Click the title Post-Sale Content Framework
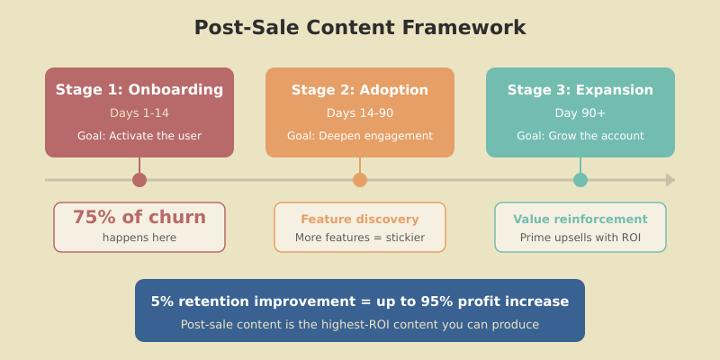click(360, 28)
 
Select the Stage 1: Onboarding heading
click(139, 90)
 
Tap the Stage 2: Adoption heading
click(360, 90)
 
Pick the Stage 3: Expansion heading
click(580, 90)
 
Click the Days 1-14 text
click(139, 113)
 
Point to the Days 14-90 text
click(360, 113)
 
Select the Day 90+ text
click(580, 113)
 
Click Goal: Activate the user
click(139, 136)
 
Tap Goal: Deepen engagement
click(360, 136)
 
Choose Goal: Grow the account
click(580, 136)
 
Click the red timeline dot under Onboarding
click(139, 180)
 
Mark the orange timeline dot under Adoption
click(360, 180)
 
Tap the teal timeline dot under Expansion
click(580, 180)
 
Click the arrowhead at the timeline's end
click(670, 180)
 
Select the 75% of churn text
click(139, 218)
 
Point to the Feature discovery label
click(360, 220)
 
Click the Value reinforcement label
click(580, 220)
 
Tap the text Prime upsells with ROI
click(580, 238)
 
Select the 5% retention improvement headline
click(360, 301)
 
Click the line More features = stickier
click(360, 238)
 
